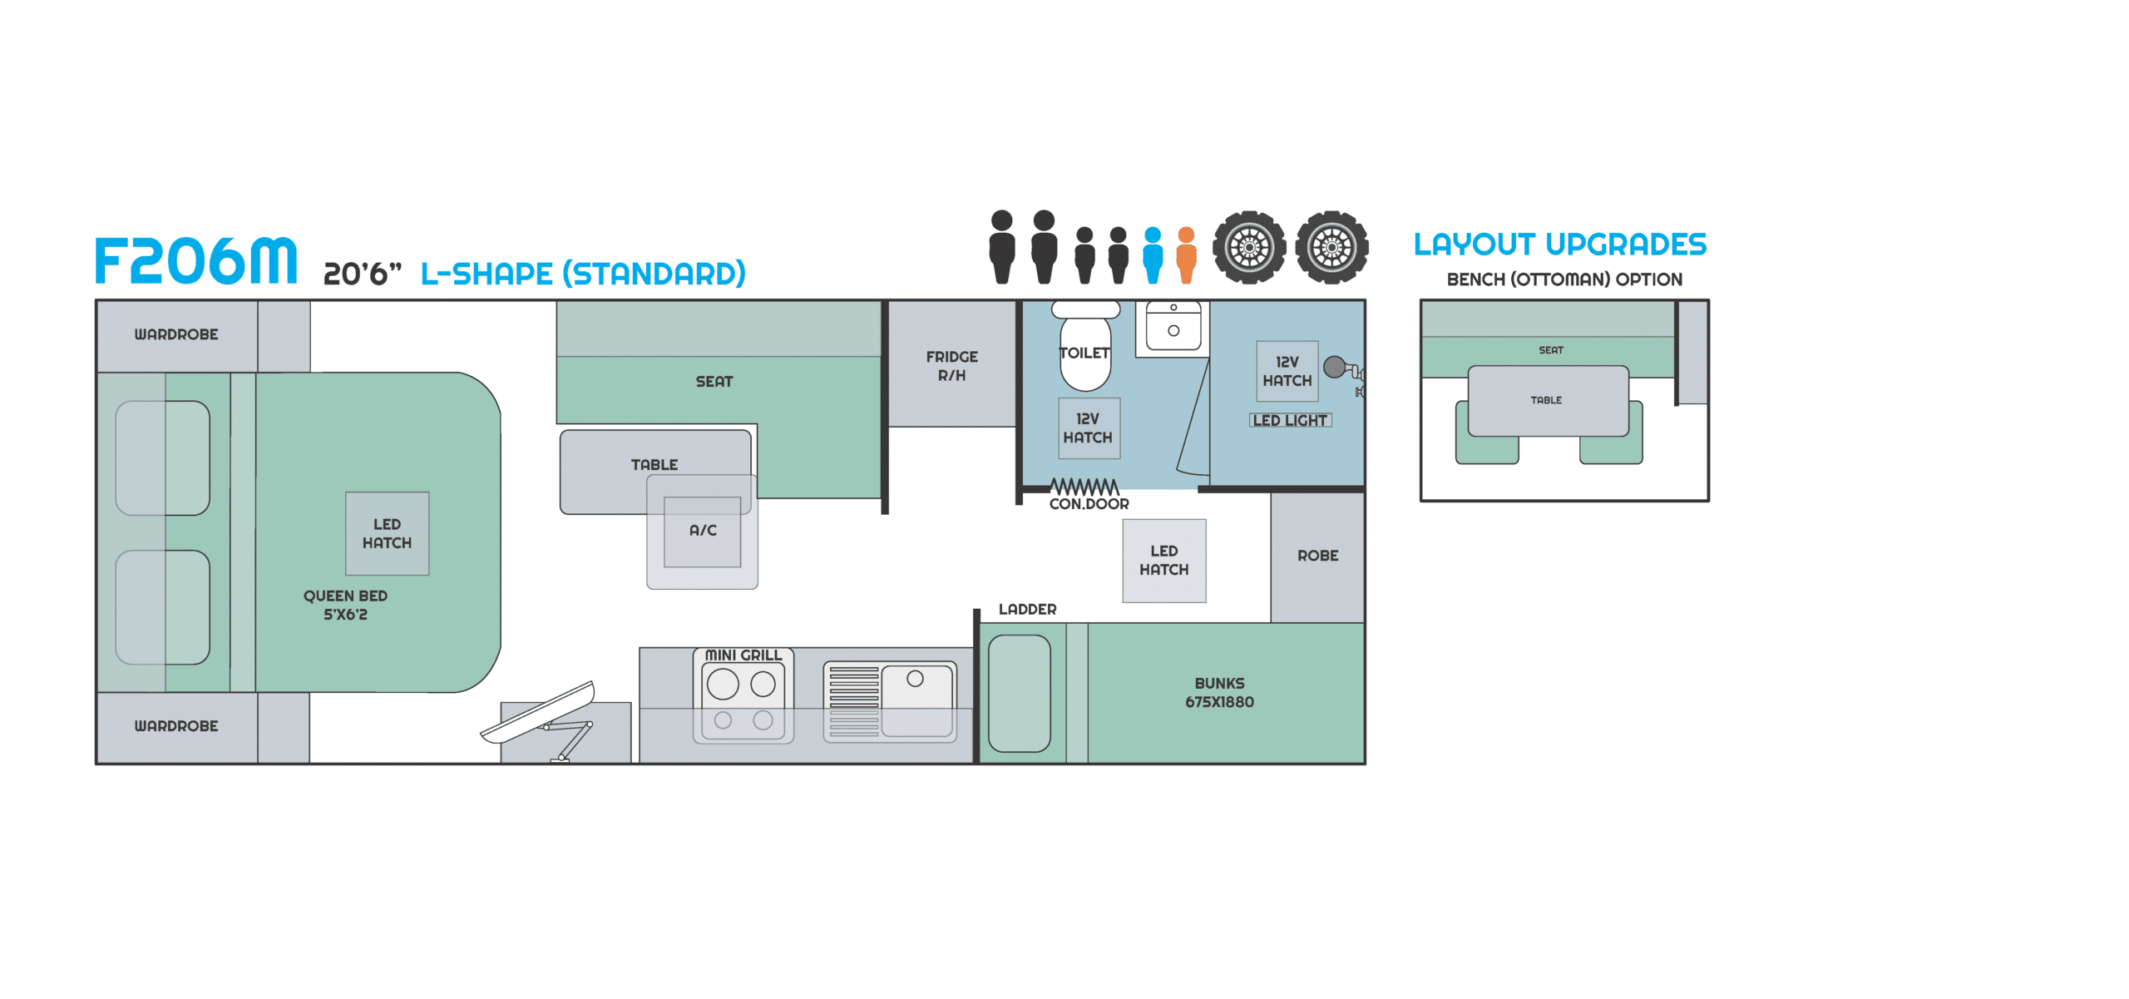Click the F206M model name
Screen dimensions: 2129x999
pos(195,260)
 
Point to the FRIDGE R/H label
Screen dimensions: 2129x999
pos(952,366)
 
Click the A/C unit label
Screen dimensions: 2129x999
pos(703,530)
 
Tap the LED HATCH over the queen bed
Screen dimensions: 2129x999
pos(388,533)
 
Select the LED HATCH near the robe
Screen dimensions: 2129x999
pos(1164,561)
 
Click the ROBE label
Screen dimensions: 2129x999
pos(1318,556)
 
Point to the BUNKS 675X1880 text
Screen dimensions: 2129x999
pos(1220,692)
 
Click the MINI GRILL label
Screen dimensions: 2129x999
pos(743,655)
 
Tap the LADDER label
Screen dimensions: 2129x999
pos(1028,609)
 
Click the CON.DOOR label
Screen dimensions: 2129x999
pos(1089,503)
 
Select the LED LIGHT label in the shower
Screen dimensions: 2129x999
pos(1290,420)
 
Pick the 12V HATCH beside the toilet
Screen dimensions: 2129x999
pos(1089,428)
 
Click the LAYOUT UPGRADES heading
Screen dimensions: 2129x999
pos(1560,245)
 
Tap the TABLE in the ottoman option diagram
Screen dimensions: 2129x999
pos(1548,401)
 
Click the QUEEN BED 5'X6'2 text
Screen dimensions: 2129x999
pos(345,605)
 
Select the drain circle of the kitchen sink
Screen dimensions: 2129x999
pos(915,679)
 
